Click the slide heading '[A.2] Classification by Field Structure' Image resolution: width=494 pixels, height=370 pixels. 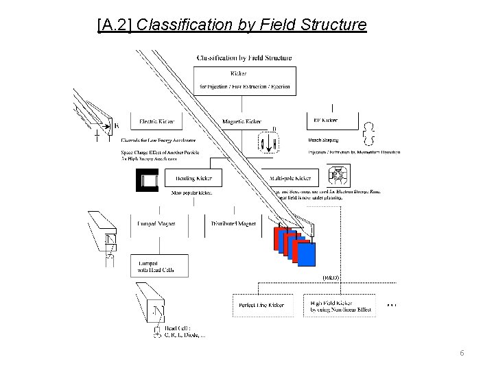click(233, 26)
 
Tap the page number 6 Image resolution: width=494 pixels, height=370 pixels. click(462, 352)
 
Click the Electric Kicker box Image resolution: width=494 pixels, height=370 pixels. click(156, 121)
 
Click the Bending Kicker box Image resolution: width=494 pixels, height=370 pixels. click(193, 177)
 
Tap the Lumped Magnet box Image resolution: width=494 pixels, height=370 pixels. click(156, 223)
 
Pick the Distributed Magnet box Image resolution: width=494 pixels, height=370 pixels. click(233, 223)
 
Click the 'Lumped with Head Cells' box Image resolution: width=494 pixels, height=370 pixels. click(156, 267)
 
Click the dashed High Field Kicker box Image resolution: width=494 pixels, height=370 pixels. click(340, 306)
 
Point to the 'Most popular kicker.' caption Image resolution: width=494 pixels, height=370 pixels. click(191, 193)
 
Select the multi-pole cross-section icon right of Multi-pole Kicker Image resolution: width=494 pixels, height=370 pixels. click(337, 177)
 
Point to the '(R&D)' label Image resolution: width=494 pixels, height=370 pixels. click(330, 277)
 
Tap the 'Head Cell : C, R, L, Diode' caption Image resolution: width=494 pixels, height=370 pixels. click(184, 333)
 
